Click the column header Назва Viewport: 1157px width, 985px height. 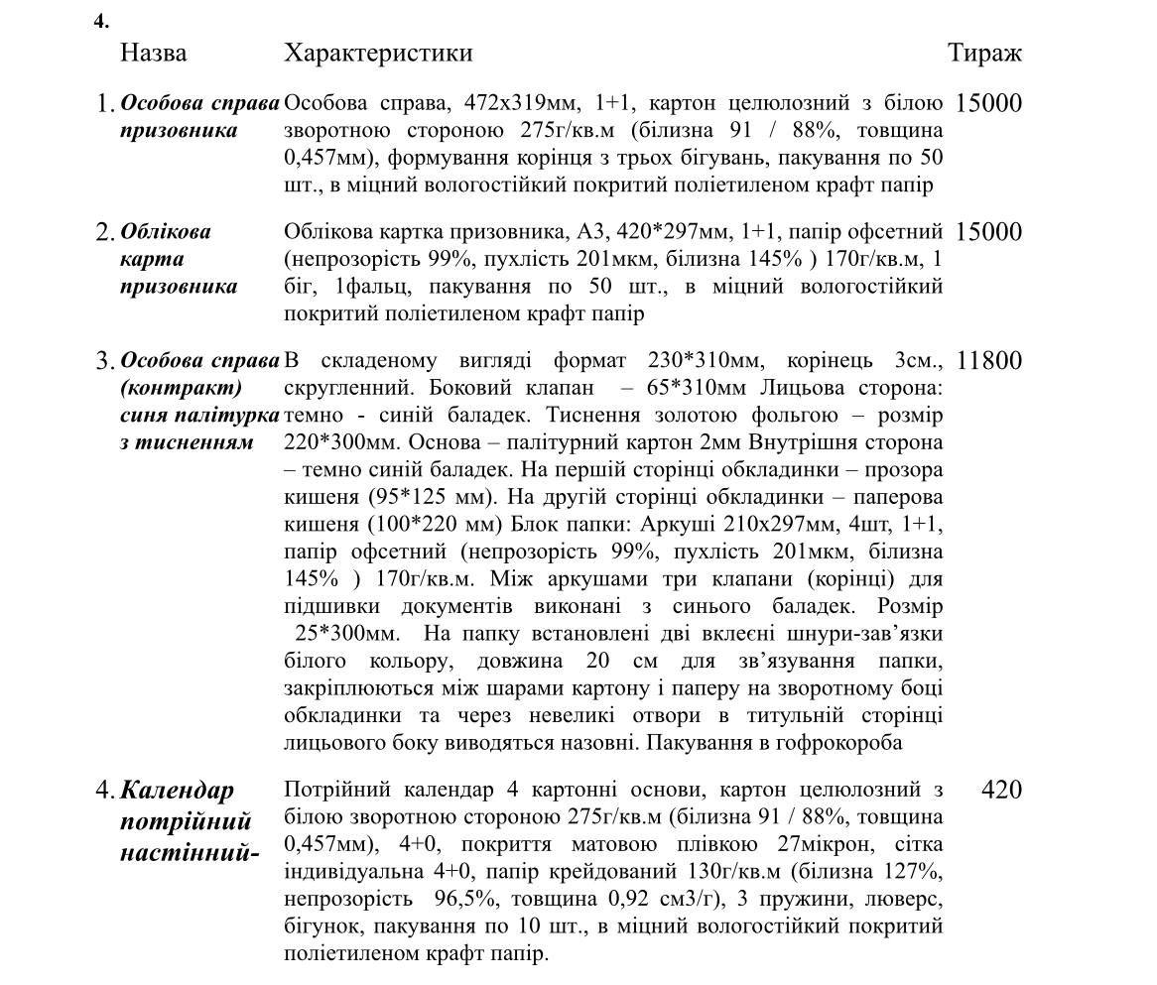tap(153, 53)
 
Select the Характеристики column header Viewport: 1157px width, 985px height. tap(378, 53)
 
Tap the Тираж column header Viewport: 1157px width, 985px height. tap(984, 53)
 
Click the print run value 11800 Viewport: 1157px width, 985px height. tap(988, 361)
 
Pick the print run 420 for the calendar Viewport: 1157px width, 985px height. tap(1000, 791)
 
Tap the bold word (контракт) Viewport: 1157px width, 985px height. tap(182, 387)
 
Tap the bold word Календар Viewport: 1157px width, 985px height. tap(178, 791)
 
